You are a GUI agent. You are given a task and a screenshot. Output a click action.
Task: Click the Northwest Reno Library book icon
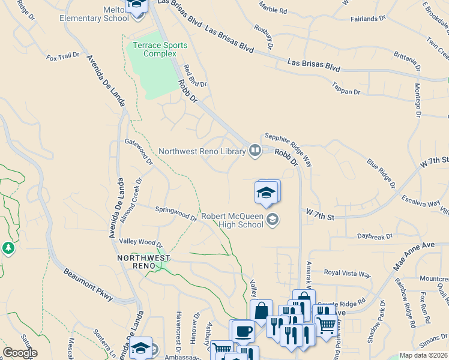click(255, 151)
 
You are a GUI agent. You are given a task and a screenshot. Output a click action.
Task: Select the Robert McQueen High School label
click(232, 220)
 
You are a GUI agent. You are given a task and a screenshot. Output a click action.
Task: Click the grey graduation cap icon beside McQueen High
click(273, 220)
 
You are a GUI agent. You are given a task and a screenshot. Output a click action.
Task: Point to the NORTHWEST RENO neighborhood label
click(143, 262)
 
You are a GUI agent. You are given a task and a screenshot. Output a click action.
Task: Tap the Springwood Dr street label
click(176, 214)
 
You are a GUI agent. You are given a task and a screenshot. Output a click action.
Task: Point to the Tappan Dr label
click(346, 88)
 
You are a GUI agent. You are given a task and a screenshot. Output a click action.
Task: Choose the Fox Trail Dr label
click(63, 56)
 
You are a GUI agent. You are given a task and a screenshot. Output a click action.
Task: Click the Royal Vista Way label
click(347, 273)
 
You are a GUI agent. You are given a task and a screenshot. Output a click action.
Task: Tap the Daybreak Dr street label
click(375, 237)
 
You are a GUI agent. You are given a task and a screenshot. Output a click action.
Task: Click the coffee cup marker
click(243, 331)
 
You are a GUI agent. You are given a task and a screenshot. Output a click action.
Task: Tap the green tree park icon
click(8, 248)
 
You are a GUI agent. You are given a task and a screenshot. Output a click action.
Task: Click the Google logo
click(20, 353)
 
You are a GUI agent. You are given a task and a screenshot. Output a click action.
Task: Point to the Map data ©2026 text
click(424, 355)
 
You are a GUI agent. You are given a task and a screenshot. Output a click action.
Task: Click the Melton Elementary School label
click(94, 14)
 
